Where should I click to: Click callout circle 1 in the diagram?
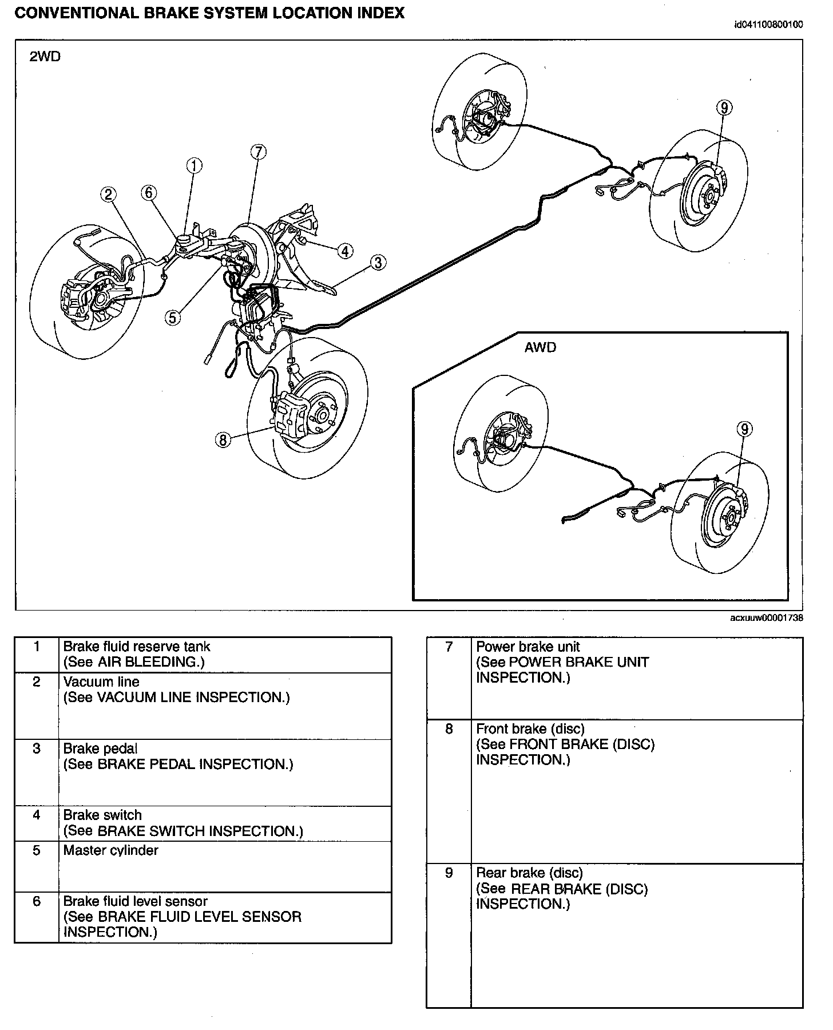point(195,166)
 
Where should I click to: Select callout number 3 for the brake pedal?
point(378,263)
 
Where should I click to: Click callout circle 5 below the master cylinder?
point(173,316)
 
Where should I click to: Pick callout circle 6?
point(149,193)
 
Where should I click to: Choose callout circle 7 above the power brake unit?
point(258,152)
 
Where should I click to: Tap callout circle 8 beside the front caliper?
point(223,439)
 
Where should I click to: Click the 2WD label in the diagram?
point(45,57)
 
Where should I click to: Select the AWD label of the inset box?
point(540,347)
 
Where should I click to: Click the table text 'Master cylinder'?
point(110,850)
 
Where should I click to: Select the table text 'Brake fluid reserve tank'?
point(137,647)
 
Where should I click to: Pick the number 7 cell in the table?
point(449,647)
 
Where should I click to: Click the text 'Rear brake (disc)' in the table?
point(529,873)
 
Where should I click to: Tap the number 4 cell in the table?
point(37,815)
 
